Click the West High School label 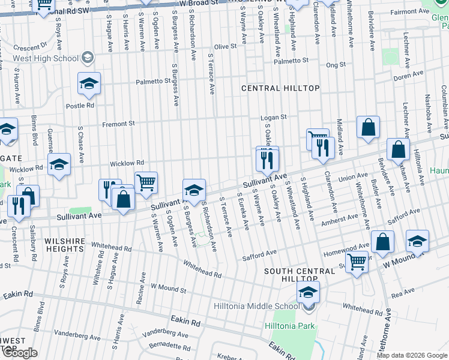pos(46,58)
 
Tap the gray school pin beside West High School pos(87,58)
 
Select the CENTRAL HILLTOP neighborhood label pos(280,88)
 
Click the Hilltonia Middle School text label pos(256,306)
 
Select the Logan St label pos(274,118)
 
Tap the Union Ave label pos(353,178)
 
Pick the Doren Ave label pos(409,76)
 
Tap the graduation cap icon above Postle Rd pos(89,83)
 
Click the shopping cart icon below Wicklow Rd pos(146,182)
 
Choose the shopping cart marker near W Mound pos(357,262)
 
